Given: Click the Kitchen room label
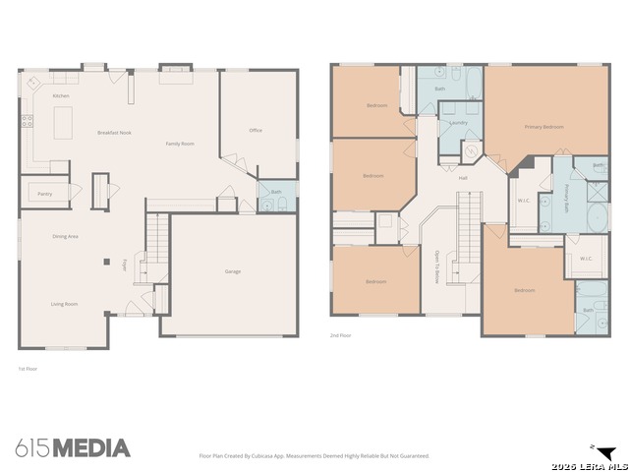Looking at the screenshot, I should (x=61, y=96).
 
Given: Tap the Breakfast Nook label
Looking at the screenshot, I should (x=114, y=132).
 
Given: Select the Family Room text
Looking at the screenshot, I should (x=180, y=144).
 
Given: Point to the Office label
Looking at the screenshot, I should (x=256, y=130).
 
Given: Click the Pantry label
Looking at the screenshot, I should (x=44, y=194).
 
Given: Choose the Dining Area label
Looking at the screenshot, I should (x=65, y=237).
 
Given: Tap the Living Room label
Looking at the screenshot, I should (x=65, y=304).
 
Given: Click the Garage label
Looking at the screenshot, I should (x=233, y=271).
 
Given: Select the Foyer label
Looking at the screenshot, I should (x=125, y=265).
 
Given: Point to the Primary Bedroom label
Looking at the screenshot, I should (x=543, y=127).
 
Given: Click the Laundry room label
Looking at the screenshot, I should (x=458, y=123).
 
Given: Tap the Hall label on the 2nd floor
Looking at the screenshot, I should (x=463, y=177).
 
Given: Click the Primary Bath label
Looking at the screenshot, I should (x=567, y=201).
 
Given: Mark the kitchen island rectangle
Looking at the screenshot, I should (x=64, y=123).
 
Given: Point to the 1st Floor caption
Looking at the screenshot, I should (x=28, y=369).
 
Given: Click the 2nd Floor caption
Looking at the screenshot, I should (x=340, y=335).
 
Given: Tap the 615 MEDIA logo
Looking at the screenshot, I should (x=73, y=448).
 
